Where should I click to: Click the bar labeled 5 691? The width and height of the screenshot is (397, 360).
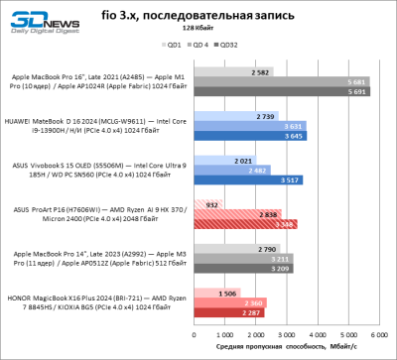[x=284, y=91]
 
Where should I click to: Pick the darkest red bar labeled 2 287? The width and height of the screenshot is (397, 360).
[x=233, y=313]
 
